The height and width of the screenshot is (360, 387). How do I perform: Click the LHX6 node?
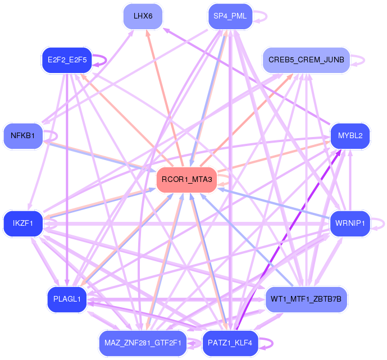click(x=143, y=16)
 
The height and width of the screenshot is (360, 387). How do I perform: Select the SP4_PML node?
click(x=230, y=16)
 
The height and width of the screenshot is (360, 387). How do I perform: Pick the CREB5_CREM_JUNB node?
click(x=306, y=60)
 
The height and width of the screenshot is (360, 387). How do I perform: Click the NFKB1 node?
click(x=23, y=135)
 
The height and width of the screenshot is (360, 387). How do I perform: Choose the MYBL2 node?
click(x=350, y=135)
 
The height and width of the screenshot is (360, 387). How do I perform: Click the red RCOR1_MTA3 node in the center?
click(x=186, y=180)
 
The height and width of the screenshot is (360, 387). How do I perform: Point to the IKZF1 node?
click(x=23, y=224)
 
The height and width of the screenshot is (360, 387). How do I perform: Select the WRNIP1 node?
click(x=349, y=224)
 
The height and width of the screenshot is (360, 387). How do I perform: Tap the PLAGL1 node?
click(x=66, y=299)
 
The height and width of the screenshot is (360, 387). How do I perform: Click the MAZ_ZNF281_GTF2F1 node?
click(x=143, y=342)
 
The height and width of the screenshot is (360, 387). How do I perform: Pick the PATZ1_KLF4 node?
click(x=230, y=342)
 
